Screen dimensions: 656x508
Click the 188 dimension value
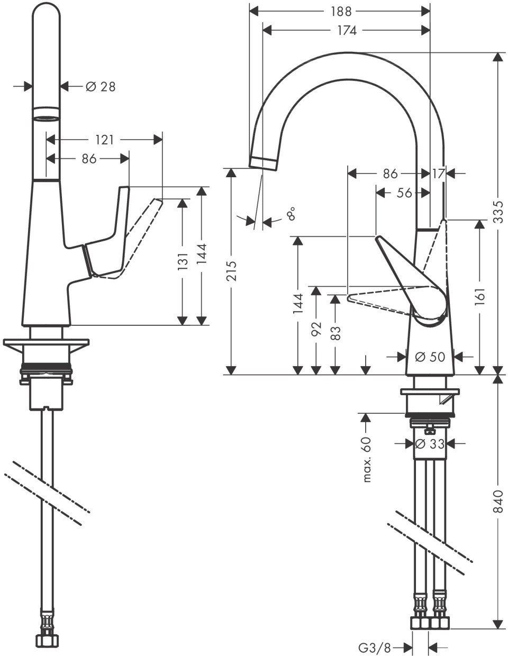click(x=339, y=11)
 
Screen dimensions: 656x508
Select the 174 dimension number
click(x=346, y=31)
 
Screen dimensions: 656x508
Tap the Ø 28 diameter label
click(x=101, y=86)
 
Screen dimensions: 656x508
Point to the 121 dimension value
click(x=105, y=140)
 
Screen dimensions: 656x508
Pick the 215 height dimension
click(x=231, y=271)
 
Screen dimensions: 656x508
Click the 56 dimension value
click(x=404, y=193)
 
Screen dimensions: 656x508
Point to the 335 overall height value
click(x=497, y=212)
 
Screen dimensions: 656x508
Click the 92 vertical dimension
click(x=316, y=330)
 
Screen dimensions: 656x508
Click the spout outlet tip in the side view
click(x=263, y=161)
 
